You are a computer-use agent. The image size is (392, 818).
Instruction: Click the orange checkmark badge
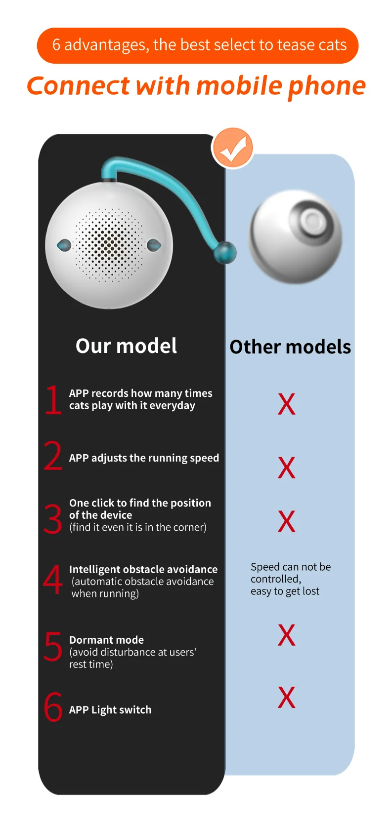click(232, 148)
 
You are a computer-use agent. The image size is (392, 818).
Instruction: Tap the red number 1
click(53, 400)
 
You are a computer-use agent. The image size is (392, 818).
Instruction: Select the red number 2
click(53, 456)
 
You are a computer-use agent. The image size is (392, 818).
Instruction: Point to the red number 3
click(53, 518)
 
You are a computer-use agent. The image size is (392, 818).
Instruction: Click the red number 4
click(53, 580)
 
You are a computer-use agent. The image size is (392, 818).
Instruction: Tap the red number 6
click(53, 707)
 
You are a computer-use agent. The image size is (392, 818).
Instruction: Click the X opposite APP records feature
click(287, 404)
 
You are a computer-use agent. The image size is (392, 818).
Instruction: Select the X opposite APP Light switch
click(287, 698)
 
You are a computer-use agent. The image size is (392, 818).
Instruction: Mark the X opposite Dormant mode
click(287, 635)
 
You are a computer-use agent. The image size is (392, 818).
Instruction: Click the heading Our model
click(126, 346)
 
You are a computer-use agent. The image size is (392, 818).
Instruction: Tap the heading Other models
click(290, 347)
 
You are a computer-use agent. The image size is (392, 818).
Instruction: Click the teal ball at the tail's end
click(225, 252)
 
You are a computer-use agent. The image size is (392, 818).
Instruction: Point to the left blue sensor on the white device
click(64, 245)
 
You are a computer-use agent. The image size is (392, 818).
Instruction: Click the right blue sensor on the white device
click(154, 244)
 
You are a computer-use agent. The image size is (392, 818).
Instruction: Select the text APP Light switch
click(110, 710)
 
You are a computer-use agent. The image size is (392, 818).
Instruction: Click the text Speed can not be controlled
click(290, 573)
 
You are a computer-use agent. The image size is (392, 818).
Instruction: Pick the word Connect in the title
click(78, 86)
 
